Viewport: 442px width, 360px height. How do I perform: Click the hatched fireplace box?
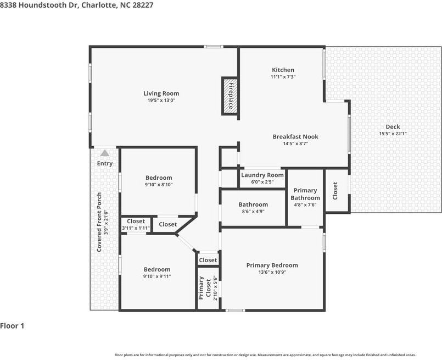[x=231, y=96]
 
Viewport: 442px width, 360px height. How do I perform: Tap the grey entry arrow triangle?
[x=105, y=153]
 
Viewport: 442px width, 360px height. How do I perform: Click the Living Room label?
[x=161, y=93]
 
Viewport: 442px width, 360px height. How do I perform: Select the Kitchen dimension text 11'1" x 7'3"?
[x=283, y=77]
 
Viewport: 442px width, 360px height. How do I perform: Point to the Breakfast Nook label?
[x=295, y=136]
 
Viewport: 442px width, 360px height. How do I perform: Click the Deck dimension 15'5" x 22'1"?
[x=393, y=134]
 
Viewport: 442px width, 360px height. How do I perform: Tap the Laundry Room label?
[x=262, y=175]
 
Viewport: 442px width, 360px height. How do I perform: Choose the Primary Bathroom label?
[x=305, y=194]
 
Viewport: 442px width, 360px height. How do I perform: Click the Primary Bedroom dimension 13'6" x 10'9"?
[x=272, y=272]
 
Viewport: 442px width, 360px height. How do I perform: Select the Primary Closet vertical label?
[x=205, y=288]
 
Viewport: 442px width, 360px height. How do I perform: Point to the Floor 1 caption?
[x=12, y=326]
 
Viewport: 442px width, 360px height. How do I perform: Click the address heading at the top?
[x=77, y=5]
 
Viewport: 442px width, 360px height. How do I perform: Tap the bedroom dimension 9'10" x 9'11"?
[x=157, y=276]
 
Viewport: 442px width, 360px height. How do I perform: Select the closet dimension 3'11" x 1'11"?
[x=136, y=228]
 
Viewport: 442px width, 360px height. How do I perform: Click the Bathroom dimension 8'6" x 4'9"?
[x=253, y=211]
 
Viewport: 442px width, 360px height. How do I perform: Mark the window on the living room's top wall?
[x=214, y=47]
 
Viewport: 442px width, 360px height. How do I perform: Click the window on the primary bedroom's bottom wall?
[x=235, y=311]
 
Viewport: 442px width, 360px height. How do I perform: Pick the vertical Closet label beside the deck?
[x=335, y=191]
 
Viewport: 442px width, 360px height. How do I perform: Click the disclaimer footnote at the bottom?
[x=265, y=355]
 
